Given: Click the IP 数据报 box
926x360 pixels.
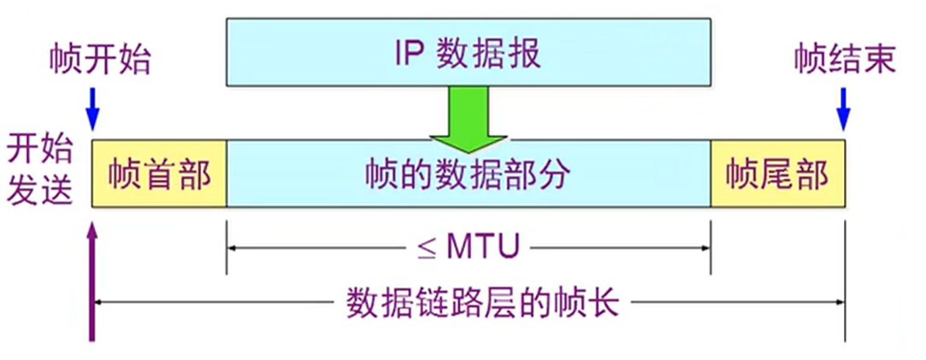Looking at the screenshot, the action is [469, 52].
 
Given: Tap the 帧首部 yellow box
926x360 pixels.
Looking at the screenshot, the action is [160, 174].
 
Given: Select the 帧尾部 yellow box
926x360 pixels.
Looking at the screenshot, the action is [777, 174].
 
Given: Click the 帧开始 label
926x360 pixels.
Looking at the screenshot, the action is [101, 60].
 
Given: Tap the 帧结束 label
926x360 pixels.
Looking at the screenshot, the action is [845, 60].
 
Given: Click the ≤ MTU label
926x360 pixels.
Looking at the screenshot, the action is [468, 248].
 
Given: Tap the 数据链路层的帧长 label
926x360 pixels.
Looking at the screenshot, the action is [482, 304].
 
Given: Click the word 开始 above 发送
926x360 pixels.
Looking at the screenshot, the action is [39, 150].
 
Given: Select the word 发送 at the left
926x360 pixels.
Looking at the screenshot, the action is [39, 190].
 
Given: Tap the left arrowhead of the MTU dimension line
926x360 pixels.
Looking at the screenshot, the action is [232, 248].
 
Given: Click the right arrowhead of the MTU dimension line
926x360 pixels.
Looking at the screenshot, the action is [705, 248].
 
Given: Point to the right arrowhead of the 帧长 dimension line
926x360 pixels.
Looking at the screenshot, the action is [839, 303].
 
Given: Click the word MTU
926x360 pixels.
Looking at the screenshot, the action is [483, 248].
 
